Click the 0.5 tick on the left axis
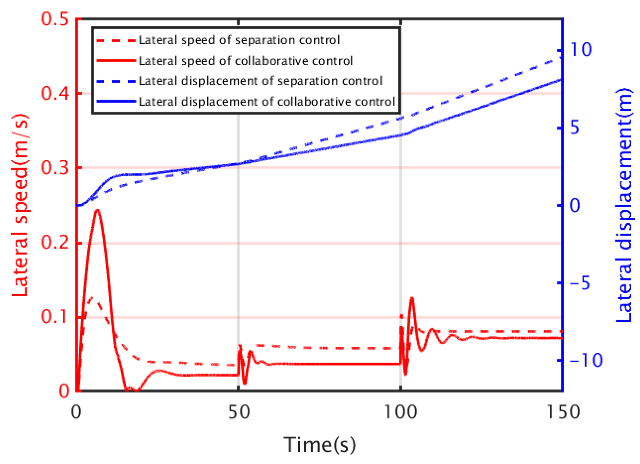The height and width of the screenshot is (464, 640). pos(55,19)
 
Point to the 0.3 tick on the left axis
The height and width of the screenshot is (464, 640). pos(55,168)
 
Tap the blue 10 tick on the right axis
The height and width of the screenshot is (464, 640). pos(580,50)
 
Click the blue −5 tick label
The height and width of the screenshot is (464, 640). pos(580,283)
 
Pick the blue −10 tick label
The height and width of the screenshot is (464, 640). pos(586,360)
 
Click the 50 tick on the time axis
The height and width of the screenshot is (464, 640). pos(239,412)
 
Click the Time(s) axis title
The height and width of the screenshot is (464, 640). pos(319,445)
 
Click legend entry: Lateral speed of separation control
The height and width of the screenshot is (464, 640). pos(239,40)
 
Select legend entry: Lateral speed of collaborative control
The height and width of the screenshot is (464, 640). pos(245,61)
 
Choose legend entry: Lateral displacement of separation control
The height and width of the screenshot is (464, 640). pos(260,81)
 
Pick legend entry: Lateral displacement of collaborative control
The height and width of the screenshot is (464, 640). pos(267,102)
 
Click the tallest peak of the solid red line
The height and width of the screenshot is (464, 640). pos(97,210)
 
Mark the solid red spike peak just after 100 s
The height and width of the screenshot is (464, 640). pos(412,298)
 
